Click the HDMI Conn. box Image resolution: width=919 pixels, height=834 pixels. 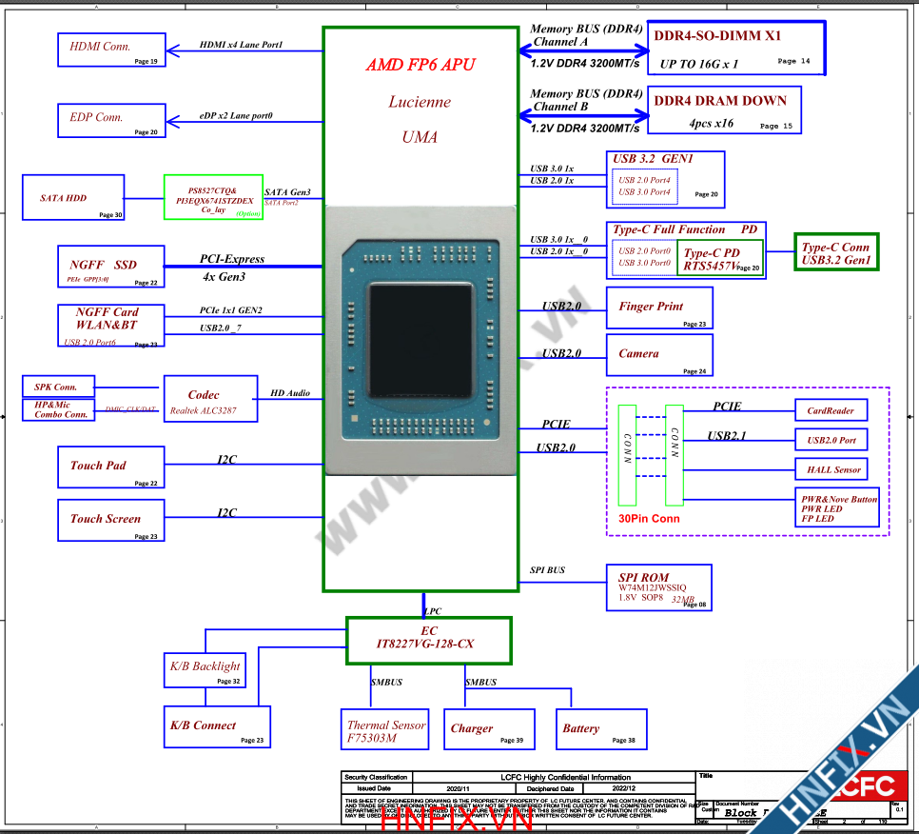point(112,49)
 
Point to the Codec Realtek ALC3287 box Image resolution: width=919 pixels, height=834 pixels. point(209,399)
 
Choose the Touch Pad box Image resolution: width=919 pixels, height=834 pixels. point(110,467)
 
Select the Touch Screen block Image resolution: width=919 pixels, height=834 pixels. point(110,520)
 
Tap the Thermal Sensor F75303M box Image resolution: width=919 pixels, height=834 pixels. point(384,729)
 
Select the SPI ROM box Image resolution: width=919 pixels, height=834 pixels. point(658,587)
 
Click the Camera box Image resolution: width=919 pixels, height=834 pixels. point(658,354)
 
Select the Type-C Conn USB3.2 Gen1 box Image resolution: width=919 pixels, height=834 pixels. point(836,253)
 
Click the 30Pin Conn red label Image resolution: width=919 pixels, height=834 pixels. point(650,519)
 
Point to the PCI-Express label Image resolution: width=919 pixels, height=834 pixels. point(232,259)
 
